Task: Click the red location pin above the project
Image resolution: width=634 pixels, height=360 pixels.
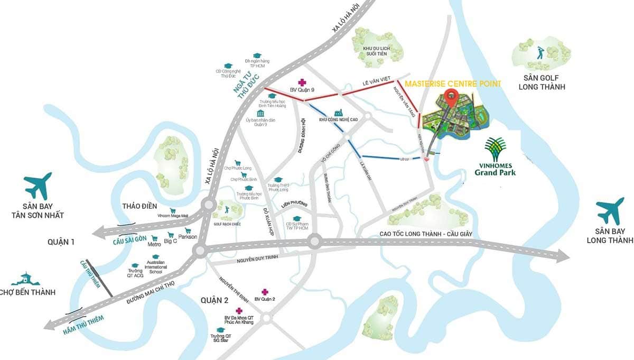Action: click(x=450, y=97)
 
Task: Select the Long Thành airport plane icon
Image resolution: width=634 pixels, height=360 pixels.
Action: click(x=611, y=210)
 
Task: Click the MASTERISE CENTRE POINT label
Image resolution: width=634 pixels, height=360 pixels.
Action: click(x=452, y=84)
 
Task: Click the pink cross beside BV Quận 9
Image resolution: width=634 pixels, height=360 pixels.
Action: click(x=302, y=82)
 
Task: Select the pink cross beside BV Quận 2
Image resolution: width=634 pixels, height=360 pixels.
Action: click(x=265, y=292)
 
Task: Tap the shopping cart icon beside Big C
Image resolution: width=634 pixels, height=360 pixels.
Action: click(x=171, y=235)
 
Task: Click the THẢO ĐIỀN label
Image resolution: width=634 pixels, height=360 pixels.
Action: click(x=140, y=206)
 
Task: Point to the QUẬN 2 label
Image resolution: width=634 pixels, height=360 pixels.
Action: click(x=214, y=300)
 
